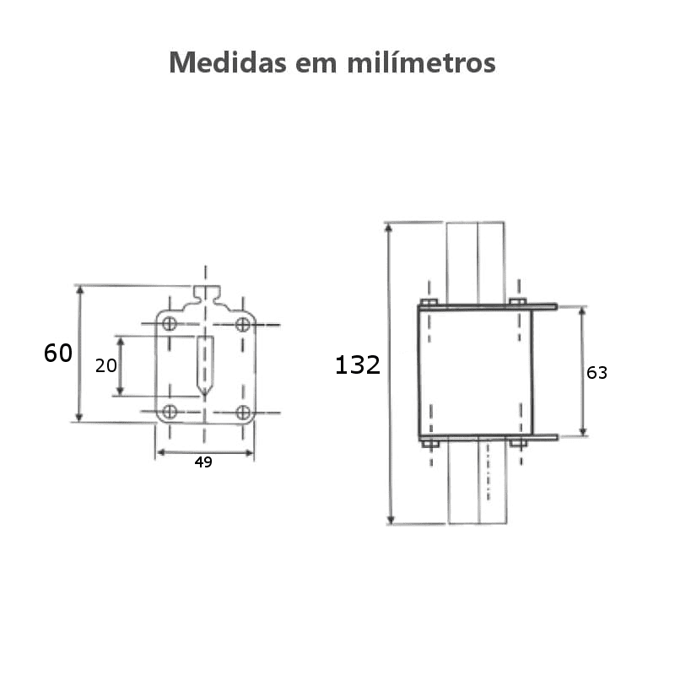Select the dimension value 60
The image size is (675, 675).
click(x=58, y=354)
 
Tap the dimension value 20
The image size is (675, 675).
click(x=105, y=366)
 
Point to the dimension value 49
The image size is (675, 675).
click(x=203, y=462)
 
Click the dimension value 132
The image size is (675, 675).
click(x=358, y=365)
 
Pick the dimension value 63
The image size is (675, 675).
click(x=597, y=373)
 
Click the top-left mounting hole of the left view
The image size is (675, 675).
click(x=170, y=324)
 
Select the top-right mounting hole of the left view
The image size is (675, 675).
click(x=242, y=324)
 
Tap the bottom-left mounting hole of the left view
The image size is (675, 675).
click(x=170, y=412)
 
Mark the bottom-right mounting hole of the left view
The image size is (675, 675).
click(x=243, y=412)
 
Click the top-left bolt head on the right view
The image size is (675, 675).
click(x=429, y=301)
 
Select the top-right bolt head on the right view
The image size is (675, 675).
click(x=517, y=301)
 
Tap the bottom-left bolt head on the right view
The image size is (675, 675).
click(x=429, y=442)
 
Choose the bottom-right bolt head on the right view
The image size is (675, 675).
click(x=517, y=442)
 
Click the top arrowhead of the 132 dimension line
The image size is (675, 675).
click(x=389, y=229)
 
